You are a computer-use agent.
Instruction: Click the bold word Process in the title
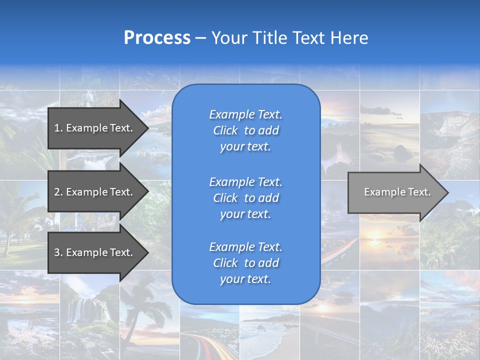[157, 38]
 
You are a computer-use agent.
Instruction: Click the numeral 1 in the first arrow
[57, 128]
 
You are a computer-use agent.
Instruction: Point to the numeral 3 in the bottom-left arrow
[57, 252]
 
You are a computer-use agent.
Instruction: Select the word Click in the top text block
[225, 131]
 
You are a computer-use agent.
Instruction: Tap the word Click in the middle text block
[225, 198]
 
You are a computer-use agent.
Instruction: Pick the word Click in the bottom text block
[225, 263]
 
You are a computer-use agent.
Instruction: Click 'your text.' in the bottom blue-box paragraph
[245, 279]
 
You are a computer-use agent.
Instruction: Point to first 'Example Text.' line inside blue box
[245, 115]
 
